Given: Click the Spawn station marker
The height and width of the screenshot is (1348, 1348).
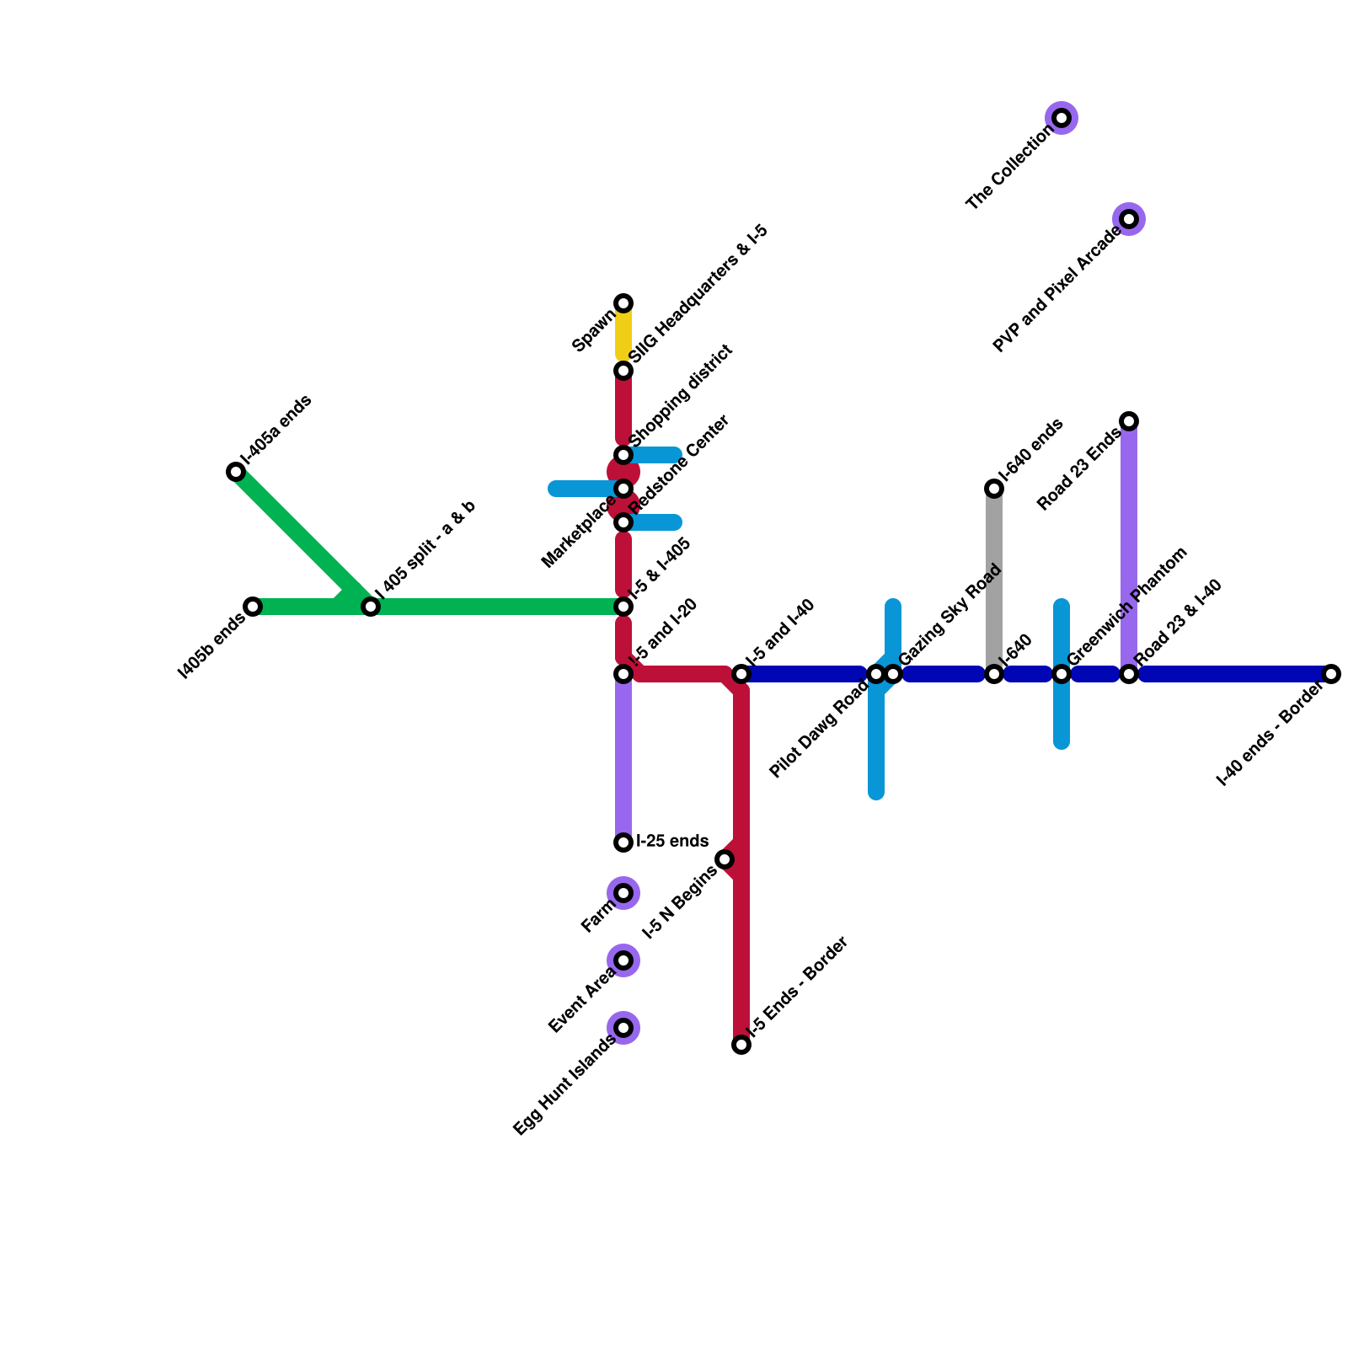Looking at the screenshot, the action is [623, 303].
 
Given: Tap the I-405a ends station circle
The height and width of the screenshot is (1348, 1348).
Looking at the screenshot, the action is [236, 472].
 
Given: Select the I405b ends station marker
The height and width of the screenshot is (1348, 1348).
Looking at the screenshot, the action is [253, 607].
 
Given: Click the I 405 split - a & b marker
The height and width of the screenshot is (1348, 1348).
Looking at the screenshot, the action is [371, 607].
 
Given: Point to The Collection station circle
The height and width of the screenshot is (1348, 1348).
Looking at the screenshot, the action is [1062, 118].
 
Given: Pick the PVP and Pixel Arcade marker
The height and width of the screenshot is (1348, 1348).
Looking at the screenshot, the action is [1129, 219].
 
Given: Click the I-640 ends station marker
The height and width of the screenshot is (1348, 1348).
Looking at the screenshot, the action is [994, 489].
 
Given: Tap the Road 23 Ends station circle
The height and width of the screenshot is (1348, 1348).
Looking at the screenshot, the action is [1129, 421].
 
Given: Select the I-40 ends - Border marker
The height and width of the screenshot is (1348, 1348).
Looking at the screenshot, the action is [1331, 674].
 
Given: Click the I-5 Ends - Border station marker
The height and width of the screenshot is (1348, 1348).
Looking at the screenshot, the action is [741, 1045].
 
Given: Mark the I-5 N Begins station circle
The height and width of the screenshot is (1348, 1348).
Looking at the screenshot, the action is [725, 859].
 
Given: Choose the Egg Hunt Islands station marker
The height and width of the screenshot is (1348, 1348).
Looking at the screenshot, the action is [623, 1028].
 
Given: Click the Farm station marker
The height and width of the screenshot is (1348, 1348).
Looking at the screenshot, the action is [623, 893].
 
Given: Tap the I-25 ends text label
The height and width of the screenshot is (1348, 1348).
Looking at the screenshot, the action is [672, 841].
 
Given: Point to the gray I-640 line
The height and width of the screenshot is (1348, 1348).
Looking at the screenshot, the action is [994, 581].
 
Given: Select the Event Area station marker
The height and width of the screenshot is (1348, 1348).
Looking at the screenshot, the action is [623, 960].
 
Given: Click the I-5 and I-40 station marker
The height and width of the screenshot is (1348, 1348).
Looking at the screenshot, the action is [741, 674].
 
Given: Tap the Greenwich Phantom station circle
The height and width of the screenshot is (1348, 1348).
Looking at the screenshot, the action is [1062, 674].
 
